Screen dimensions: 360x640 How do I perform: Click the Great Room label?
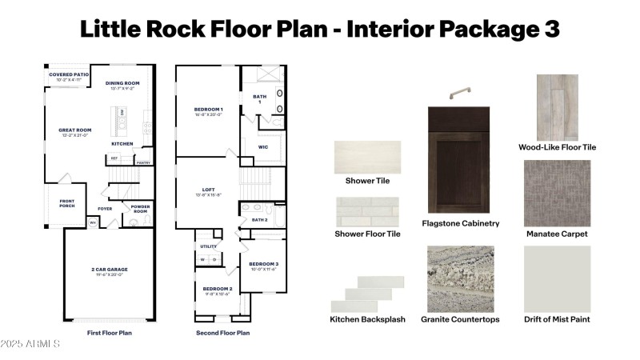75,130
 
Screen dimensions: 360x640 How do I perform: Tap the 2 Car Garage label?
109,270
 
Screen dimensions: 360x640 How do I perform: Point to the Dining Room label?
122,83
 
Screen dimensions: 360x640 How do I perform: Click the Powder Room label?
140,208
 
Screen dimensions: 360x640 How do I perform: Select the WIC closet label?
263,147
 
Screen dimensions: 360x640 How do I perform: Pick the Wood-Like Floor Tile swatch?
557,107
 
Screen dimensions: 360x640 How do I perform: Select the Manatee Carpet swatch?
557,193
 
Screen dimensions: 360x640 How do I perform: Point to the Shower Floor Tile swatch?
367,212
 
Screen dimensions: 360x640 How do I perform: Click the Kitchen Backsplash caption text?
368,319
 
